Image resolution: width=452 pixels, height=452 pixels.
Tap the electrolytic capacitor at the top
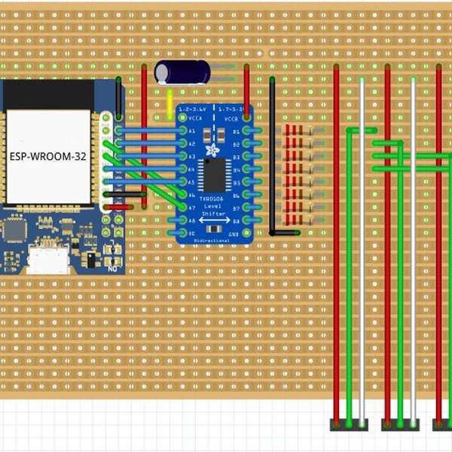pos(182,72)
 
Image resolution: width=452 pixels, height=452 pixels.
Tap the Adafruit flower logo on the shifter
pos(212,151)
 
